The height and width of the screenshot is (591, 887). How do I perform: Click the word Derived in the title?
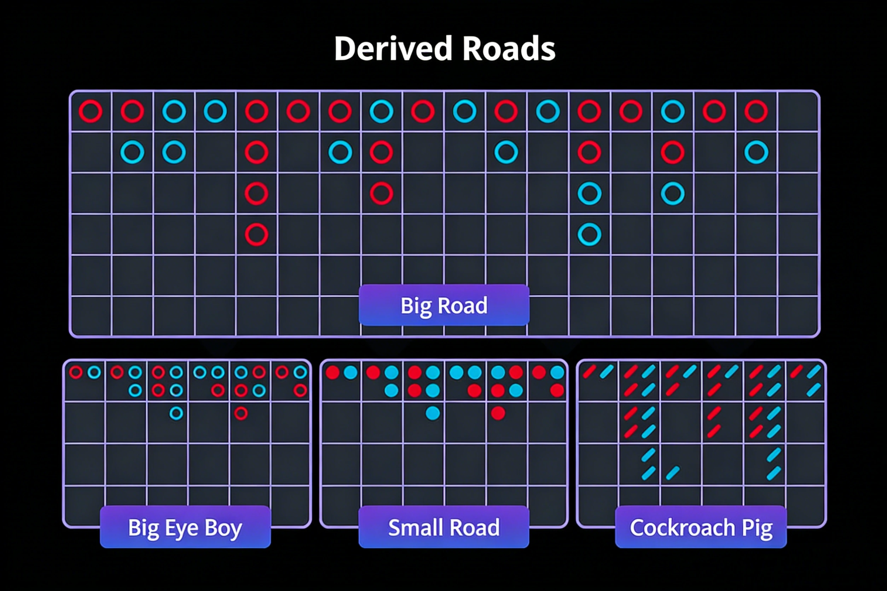pyautogui.click(x=393, y=49)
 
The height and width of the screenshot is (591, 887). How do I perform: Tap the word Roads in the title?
pyautogui.click(x=509, y=49)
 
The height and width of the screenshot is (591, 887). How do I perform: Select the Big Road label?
pyautogui.click(x=444, y=305)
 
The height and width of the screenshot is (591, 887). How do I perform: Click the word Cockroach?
pyautogui.click(x=682, y=527)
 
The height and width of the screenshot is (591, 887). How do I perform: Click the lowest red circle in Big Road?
pyautogui.click(x=256, y=234)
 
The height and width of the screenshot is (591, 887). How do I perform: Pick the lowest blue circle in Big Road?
pyautogui.click(x=590, y=234)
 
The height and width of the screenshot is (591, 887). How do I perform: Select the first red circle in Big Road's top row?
pyautogui.click(x=91, y=111)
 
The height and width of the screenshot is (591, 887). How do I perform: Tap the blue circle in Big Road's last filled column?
pyautogui.click(x=756, y=152)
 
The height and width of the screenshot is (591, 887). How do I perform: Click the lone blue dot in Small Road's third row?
pyautogui.click(x=433, y=413)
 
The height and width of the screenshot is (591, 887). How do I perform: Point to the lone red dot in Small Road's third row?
pyautogui.click(x=498, y=413)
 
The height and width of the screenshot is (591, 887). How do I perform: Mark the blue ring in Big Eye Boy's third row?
pyautogui.click(x=176, y=413)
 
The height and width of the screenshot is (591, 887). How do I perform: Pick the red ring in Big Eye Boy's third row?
pyautogui.click(x=241, y=413)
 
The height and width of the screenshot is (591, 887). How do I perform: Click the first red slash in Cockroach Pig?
pyautogui.click(x=590, y=371)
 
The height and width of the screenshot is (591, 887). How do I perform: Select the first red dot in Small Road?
pyautogui.click(x=332, y=373)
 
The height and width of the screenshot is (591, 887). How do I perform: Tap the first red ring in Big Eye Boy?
pyautogui.click(x=76, y=373)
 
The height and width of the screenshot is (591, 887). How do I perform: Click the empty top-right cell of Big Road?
pyautogui.click(x=797, y=112)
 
